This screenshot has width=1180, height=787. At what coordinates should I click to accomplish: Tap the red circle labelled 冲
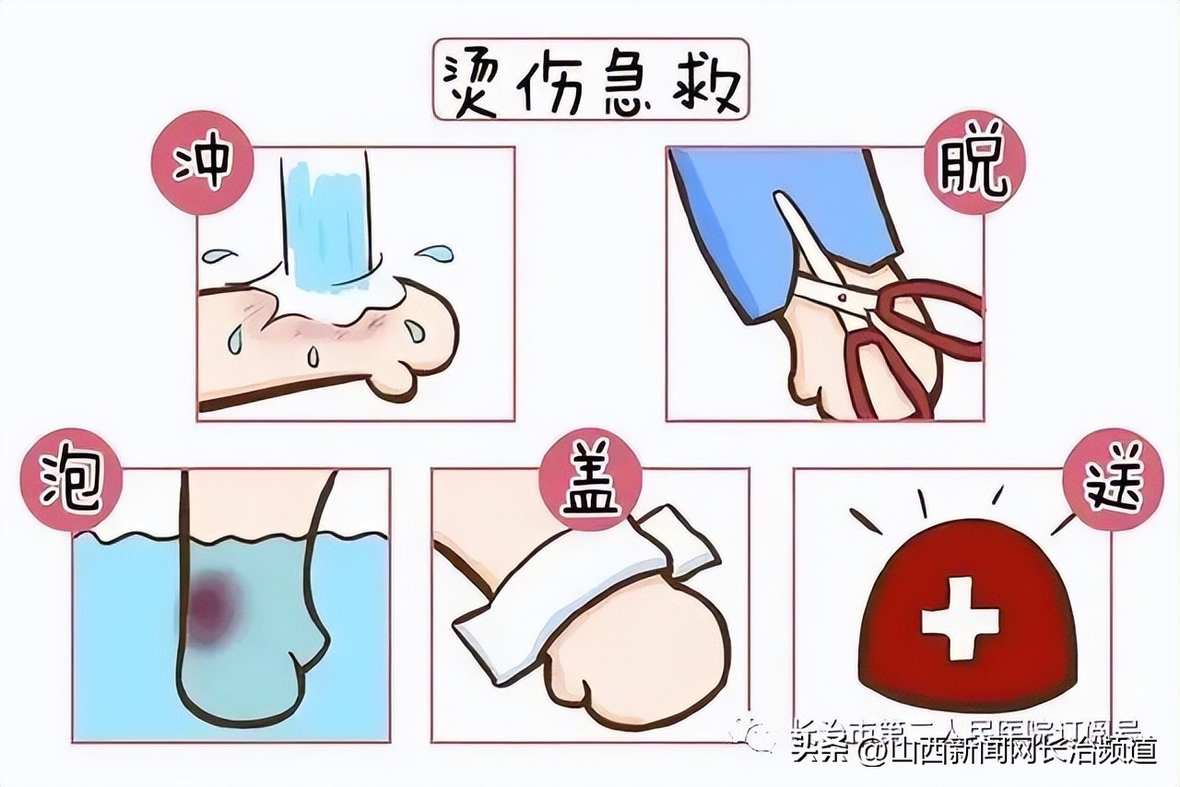tap(201, 167)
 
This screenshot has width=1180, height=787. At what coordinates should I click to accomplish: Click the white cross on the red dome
tap(960, 618)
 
